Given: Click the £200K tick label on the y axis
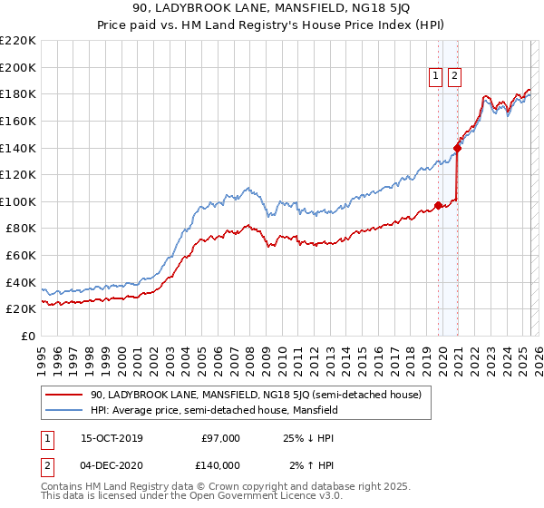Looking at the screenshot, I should (x=19, y=67).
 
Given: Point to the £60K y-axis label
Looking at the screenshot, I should (x=22, y=256).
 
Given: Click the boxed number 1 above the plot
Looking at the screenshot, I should (x=436, y=77).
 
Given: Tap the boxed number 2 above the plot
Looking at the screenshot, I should (x=454, y=77).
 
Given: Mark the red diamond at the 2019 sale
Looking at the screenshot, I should (x=439, y=205).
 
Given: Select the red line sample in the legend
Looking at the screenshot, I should (x=63, y=395).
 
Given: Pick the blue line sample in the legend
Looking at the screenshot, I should (x=63, y=410).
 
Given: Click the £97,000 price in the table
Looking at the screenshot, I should (x=220, y=438).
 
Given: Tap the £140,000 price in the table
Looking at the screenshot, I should (x=220, y=464).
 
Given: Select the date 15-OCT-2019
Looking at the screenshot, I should (x=112, y=438).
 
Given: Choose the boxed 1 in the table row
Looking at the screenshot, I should (x=47, y=438).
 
